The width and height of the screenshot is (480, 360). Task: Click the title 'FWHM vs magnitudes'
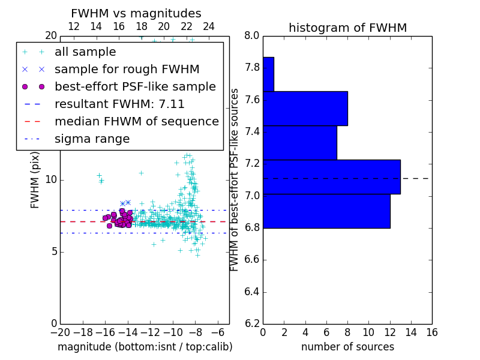click(x=136, y=13)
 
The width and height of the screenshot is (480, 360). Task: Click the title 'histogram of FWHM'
click(x=347, y=28)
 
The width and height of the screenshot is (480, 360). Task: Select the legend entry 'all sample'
click(x=85, y=52)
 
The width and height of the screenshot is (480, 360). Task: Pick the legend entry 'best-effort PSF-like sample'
click(x=135, y=86)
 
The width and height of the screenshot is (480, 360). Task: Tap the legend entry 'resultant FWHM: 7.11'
click(x=119, y=104)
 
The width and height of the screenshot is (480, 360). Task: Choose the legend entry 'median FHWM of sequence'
click(x=136, y=121)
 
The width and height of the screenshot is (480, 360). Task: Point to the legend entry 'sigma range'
click(x=92, y=139)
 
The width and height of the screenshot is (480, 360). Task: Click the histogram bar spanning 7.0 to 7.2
click(x=332, y=177)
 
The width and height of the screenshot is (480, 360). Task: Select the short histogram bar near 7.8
click(x=268, y=74)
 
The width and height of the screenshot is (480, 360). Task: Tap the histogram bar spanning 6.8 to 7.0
click(x=326, y=211)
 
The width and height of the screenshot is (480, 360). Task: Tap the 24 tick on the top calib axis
click(x=209, y=26)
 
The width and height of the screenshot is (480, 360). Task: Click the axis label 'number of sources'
click(x=347, y=347)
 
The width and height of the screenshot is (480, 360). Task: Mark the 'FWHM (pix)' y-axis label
click(x=35, y=179)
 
